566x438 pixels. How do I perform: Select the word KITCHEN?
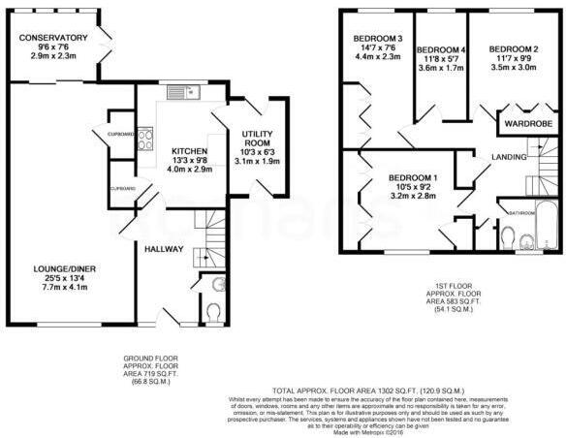point(189,151)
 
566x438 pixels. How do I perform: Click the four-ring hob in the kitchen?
point(144,137)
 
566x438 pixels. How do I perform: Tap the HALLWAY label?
point(164,249)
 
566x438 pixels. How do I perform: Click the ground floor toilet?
point(214,310)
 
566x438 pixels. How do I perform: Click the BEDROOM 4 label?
point(441,50)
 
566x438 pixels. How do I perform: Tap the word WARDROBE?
point(527,124)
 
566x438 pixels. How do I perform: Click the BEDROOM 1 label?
point(414,177)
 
